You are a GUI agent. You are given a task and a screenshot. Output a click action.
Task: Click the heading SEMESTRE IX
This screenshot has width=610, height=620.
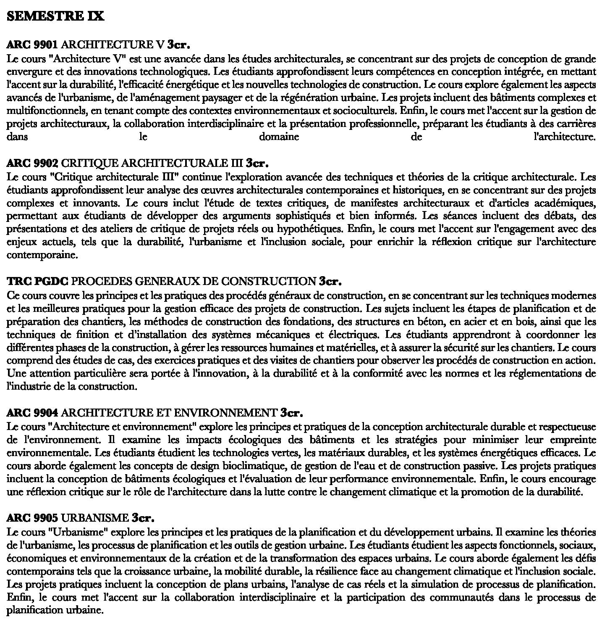pos(55,16)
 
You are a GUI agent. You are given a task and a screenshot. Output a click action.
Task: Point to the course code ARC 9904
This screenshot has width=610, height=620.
pos(32,412)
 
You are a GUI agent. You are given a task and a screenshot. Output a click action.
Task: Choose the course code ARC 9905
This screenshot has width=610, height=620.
pos(32,517)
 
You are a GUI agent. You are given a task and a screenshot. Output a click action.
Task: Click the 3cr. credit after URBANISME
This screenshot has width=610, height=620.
pos(143,517)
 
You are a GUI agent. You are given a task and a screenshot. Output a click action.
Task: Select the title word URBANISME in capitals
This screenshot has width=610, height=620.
pos(97,517)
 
